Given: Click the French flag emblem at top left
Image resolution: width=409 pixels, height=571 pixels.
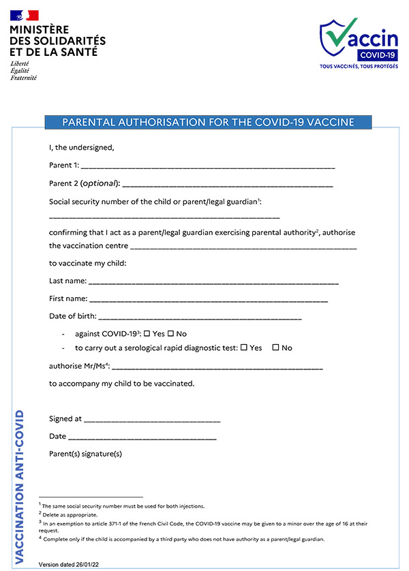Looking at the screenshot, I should coord(24,15).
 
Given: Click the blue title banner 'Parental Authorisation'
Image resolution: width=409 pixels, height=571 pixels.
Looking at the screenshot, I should coord(208,123).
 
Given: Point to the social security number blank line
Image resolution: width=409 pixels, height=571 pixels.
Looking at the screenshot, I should coord(164,216).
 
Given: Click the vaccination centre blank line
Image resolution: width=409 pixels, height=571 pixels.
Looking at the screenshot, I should coord(243,247).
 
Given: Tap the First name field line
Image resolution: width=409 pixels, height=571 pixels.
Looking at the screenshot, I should coord(209,300).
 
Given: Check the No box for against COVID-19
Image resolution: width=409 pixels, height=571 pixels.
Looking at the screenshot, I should coord(170,334).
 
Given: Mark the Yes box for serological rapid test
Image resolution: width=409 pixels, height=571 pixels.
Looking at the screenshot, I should coord(243,348).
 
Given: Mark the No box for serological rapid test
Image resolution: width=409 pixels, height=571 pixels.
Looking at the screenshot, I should coord(275,348).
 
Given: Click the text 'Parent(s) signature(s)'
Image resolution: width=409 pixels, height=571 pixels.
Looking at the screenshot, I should coord(85,454).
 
